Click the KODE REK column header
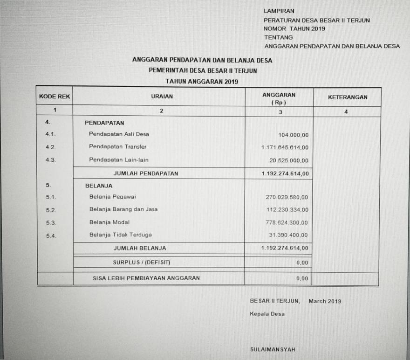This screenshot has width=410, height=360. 55,97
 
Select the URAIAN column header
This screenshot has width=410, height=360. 162,97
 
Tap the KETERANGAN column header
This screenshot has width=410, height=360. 348,97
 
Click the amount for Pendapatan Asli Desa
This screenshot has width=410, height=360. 293,135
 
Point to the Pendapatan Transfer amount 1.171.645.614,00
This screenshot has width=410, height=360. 285,148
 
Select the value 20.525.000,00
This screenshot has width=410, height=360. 289,161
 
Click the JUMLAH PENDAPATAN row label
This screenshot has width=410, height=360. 145,173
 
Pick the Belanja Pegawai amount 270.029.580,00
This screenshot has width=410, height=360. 287,197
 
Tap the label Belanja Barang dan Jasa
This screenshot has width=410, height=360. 123,209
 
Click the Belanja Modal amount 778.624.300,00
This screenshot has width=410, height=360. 287,222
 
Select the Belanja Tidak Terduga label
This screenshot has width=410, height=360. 120,235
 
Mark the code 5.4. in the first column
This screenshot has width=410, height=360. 51,235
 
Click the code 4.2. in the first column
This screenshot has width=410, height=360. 51,147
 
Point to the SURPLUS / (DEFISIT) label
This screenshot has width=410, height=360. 141,263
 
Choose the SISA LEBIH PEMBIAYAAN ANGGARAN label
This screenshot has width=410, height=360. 146,278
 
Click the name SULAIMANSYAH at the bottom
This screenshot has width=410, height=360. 273,349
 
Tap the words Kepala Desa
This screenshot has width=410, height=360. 267,314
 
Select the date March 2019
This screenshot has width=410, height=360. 325,301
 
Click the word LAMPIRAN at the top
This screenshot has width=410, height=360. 279,11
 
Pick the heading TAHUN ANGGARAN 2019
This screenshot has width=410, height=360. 202,81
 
